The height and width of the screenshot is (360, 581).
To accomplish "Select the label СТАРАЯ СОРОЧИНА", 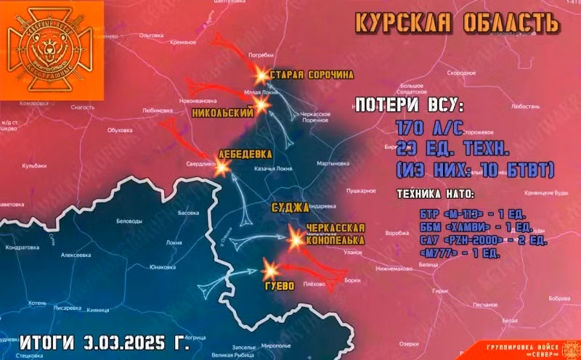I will point(312,75).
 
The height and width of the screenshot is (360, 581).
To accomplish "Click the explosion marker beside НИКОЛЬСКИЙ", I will point(262,105).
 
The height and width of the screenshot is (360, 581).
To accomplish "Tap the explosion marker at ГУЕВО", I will point(269,271).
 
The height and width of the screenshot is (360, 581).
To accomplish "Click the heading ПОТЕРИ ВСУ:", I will point(407,106).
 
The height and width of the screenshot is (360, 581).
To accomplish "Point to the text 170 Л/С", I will point(428,128).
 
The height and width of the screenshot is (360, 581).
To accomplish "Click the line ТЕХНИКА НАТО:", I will point(435,195).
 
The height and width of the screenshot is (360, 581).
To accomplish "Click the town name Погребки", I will point(261,55).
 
